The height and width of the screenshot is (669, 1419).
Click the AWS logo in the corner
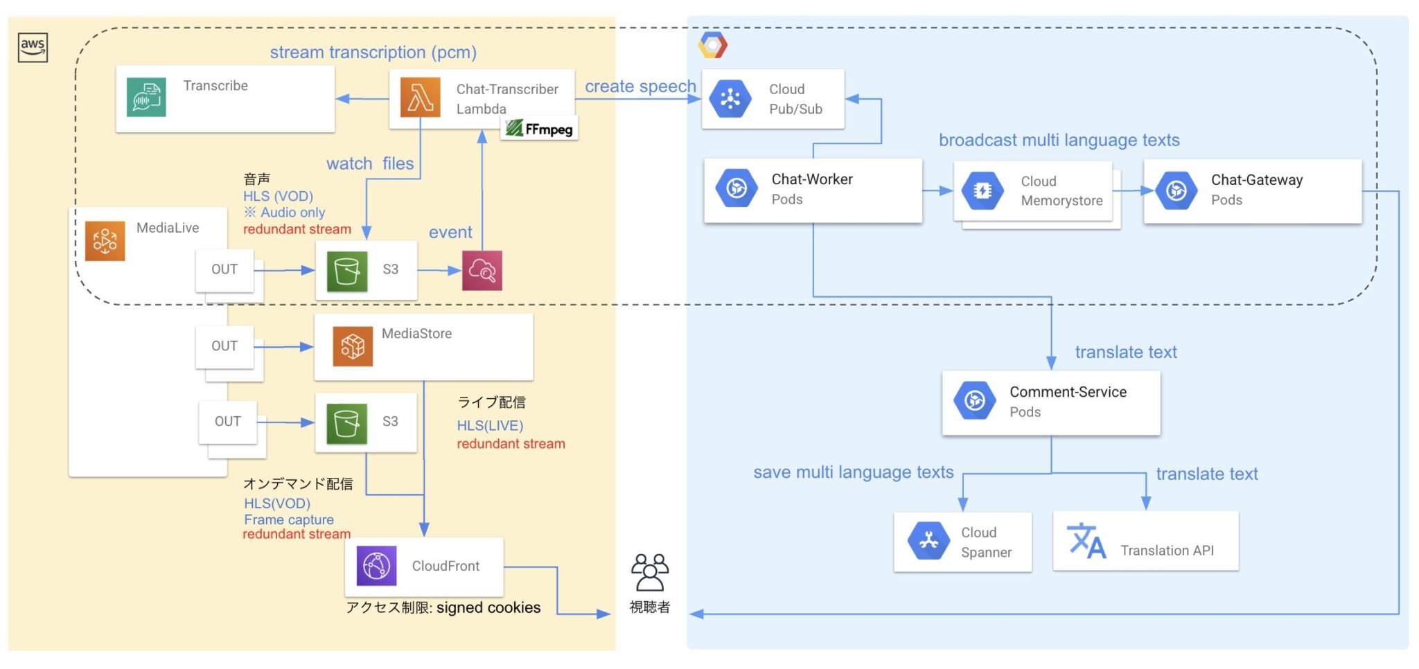[33, 48]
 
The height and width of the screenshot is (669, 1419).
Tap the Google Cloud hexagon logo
[712, 45]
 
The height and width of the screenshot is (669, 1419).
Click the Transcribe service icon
[146, 97]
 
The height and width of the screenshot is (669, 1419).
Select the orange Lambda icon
[420, 98]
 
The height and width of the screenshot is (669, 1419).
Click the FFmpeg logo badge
[540, 129]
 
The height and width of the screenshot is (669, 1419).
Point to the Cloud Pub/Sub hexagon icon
[730, 98]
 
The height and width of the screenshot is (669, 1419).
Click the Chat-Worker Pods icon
[736, 188]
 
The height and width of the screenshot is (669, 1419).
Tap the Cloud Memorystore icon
[982, 190]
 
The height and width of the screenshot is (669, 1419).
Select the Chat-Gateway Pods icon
[1176, 190]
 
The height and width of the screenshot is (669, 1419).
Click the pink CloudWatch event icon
[482, 271]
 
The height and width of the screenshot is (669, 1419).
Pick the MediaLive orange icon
[105, 241]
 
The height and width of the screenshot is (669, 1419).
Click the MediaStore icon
[352, 346]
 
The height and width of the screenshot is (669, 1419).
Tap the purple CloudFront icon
[376, 566]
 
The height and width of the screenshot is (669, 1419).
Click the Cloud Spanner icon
[928, 541]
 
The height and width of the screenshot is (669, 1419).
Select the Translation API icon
[1086, 541]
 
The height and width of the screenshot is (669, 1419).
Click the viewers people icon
[649, 571]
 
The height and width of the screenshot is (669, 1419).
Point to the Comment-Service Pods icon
[974, 400]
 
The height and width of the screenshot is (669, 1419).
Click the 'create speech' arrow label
[640, 87]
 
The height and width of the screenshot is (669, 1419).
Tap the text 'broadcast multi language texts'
[1059, 140]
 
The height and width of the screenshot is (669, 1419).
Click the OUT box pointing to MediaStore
[224, 346]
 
